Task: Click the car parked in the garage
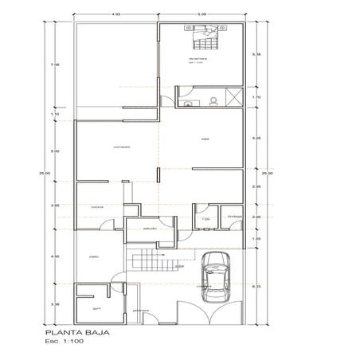(216, 276)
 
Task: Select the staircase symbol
(150, 260)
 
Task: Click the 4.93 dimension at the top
(116, 14)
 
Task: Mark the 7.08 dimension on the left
(55, 65)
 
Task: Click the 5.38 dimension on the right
(256, 54)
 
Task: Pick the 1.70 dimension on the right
(256, 98)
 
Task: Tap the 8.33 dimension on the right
(256, 285)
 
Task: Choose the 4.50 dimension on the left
(55, 256)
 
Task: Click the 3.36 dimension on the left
(55, 304)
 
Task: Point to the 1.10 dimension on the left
(55, 115)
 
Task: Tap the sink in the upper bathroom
(187, 104)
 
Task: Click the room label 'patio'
(94, 256)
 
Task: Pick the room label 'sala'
(205, 141)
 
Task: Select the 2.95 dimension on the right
(256, 186)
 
